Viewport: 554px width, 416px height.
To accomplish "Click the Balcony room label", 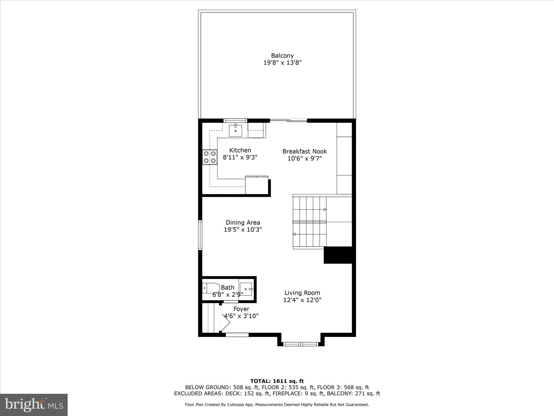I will click(x=282, y=56).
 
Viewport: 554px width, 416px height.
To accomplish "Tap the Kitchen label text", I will click(x=240, y=150).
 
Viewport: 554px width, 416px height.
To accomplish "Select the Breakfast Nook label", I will click(x=305, y=151).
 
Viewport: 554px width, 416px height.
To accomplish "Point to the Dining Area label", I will click(x=243, y=223).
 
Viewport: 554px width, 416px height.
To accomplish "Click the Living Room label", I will click(x=302, y=293).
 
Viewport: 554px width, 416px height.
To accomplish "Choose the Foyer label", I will click(x=241, y=309).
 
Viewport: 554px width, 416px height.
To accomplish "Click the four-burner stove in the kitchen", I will click(x=210, y=157).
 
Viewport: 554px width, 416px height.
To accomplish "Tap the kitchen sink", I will click(x=236, y=130).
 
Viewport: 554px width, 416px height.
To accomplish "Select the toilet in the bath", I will click(x=211, y=288).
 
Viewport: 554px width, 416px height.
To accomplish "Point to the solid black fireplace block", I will click(x=338, y=255).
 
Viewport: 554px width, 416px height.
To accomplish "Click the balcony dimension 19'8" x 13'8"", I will click(x=282, y=63).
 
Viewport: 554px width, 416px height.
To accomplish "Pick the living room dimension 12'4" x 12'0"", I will click(x=302, y=300).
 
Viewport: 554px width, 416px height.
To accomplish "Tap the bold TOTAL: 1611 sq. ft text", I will click(x=277, y=381).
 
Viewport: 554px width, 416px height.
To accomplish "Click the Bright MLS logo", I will click(x=34, y=405).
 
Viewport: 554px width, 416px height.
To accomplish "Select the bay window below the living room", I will click(x=301, y=344).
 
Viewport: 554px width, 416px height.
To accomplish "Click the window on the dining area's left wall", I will click(x=200, y=235).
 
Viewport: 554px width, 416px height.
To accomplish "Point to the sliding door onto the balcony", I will click(x=288, y=121).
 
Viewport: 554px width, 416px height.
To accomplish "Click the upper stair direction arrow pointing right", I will click(x=325, y=209).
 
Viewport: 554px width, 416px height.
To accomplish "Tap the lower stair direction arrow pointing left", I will click(x=295, y=234).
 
